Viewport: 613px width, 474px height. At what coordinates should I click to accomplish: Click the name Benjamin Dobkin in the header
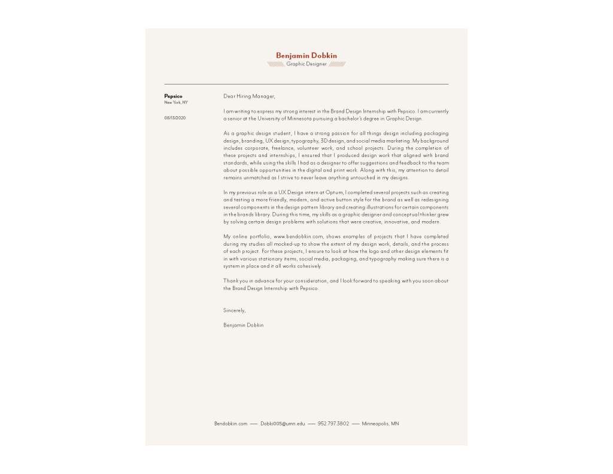coord(306,56)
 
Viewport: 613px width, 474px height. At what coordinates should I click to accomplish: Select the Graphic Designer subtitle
coord(306,64)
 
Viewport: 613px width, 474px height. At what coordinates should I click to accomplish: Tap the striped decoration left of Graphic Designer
coord(275,64)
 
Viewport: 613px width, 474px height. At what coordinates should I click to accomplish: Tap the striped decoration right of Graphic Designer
coord(338,64)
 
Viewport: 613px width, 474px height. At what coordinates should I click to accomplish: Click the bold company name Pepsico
coord(173,96)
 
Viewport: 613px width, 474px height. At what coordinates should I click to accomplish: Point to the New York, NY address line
coord(176,102)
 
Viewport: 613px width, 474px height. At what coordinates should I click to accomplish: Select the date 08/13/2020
coord(175,118)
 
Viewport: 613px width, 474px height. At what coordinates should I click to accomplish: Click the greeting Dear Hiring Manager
coord(249,96)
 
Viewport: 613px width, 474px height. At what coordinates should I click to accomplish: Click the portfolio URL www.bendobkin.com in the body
coord(298,237)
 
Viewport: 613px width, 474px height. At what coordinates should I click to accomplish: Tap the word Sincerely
coord(234,310)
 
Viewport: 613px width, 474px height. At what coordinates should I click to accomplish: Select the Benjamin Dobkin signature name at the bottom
coord(243,325)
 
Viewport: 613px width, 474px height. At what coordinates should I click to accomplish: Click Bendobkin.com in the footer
coord(230,424)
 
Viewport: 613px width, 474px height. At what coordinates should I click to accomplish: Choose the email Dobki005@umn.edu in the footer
coord(283,424)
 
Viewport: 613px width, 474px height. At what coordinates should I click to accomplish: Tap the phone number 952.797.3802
coord(333,424)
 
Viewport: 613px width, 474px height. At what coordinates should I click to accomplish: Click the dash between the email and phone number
coord(311,424)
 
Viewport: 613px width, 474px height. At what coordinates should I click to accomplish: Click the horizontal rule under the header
coord(306,84)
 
